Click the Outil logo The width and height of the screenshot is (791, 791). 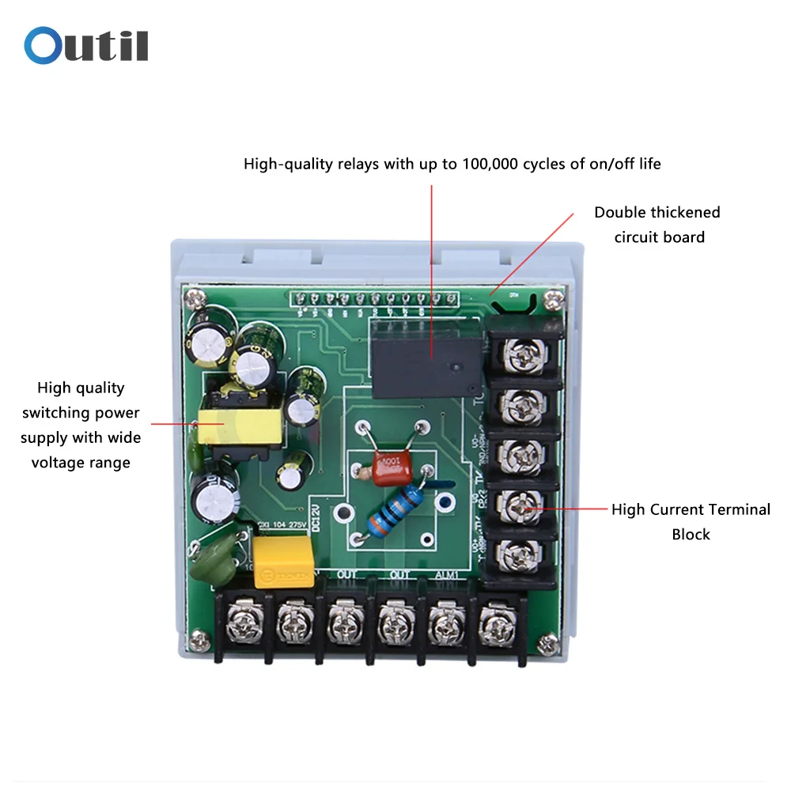(86, 46)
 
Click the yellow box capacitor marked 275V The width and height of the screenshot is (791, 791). (282, 561)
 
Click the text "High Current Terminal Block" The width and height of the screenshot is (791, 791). (691, 521)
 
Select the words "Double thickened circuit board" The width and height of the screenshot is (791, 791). (657, 225)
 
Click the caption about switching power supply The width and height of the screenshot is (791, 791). (81, 425)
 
